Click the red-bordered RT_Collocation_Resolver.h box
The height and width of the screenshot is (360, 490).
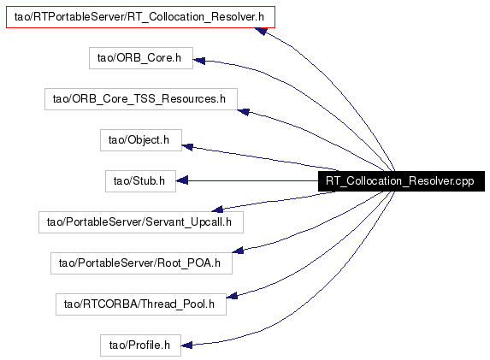140,17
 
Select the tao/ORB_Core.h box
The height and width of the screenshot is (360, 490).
141,58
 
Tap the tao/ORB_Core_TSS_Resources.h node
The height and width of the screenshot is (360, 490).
141,99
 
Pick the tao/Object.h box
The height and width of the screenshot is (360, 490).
141,140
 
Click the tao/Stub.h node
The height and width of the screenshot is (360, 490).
140,181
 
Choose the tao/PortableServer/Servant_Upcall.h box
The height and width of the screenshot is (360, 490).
141,222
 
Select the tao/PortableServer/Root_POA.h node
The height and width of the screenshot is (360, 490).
141,263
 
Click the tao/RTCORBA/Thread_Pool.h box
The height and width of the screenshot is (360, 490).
141,304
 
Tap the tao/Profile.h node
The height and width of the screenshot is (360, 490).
140,345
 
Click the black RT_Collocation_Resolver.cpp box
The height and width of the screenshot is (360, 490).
401,181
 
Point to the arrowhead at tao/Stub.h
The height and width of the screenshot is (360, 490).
182,180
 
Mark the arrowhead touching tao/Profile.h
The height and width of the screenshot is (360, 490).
187,345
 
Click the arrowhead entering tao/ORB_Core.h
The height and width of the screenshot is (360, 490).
199,61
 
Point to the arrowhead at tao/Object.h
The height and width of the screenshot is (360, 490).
187,146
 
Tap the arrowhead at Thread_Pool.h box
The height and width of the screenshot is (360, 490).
232,295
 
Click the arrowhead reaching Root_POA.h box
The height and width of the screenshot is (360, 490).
238,250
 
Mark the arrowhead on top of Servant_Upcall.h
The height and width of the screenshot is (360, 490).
217,210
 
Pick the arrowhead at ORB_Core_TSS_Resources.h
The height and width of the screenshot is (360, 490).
243,111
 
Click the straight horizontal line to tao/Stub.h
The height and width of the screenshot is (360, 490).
247,181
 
